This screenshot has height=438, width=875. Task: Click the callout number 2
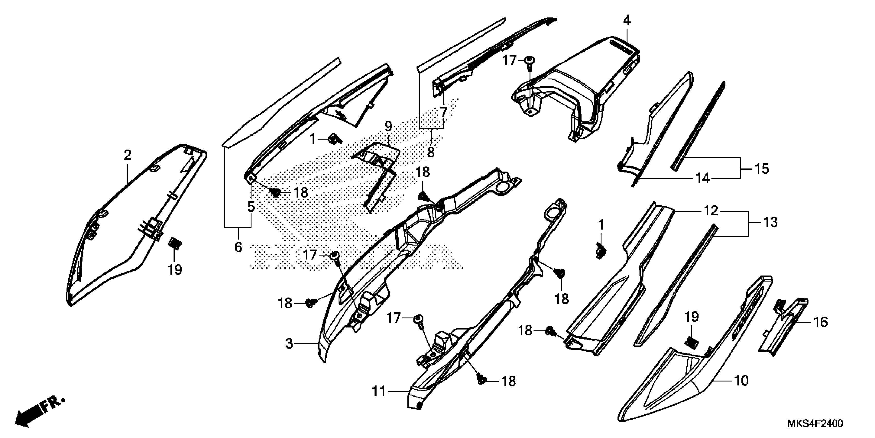pos(127,156)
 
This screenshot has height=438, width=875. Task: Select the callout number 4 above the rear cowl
pos(627,21)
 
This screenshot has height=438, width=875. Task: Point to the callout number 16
pos(821,322)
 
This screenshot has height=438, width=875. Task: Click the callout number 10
pos(741,381)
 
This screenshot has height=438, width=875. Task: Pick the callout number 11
pos(379,391)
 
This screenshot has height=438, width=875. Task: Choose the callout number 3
pos(289,344)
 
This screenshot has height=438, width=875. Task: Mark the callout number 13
pos(770,222)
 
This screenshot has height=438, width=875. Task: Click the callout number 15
pos(762,169)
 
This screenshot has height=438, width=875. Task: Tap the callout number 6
pos(238,247)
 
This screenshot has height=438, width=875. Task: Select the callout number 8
pos(431,152)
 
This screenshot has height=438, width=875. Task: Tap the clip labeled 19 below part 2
pos(175,243)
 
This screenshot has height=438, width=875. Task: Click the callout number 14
pos(703,178)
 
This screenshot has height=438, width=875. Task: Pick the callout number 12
pos(711,211)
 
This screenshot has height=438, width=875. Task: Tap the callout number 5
pos(251,206)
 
